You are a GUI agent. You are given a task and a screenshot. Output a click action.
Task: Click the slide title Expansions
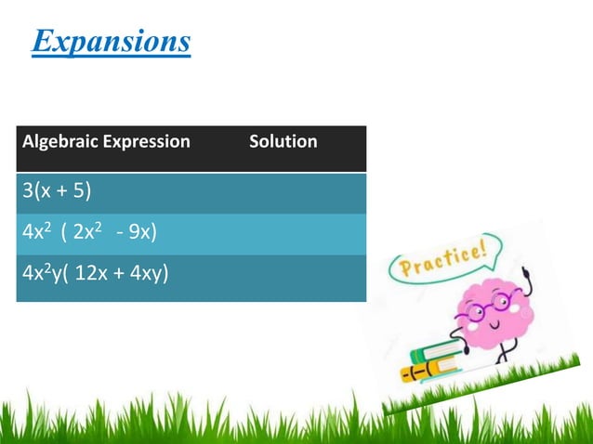tap(112, 42)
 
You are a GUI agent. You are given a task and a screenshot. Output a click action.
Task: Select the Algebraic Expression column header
tap(106, 142)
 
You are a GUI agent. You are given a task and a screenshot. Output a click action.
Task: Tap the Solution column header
tap(283, 142)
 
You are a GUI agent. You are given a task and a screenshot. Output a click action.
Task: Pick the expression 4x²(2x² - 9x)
tap(89, 233)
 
